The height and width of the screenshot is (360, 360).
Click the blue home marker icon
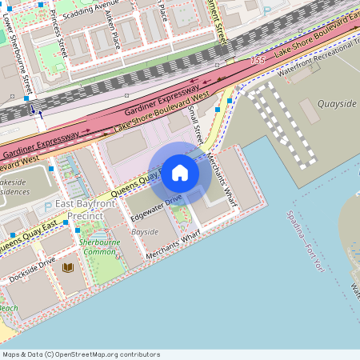click(180, 173)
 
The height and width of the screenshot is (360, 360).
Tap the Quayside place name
click(337, 104)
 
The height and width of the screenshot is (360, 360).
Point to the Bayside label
click(145, 232)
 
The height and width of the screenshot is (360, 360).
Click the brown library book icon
click(68, 267)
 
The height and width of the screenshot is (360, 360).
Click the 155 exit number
click(257, 61)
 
